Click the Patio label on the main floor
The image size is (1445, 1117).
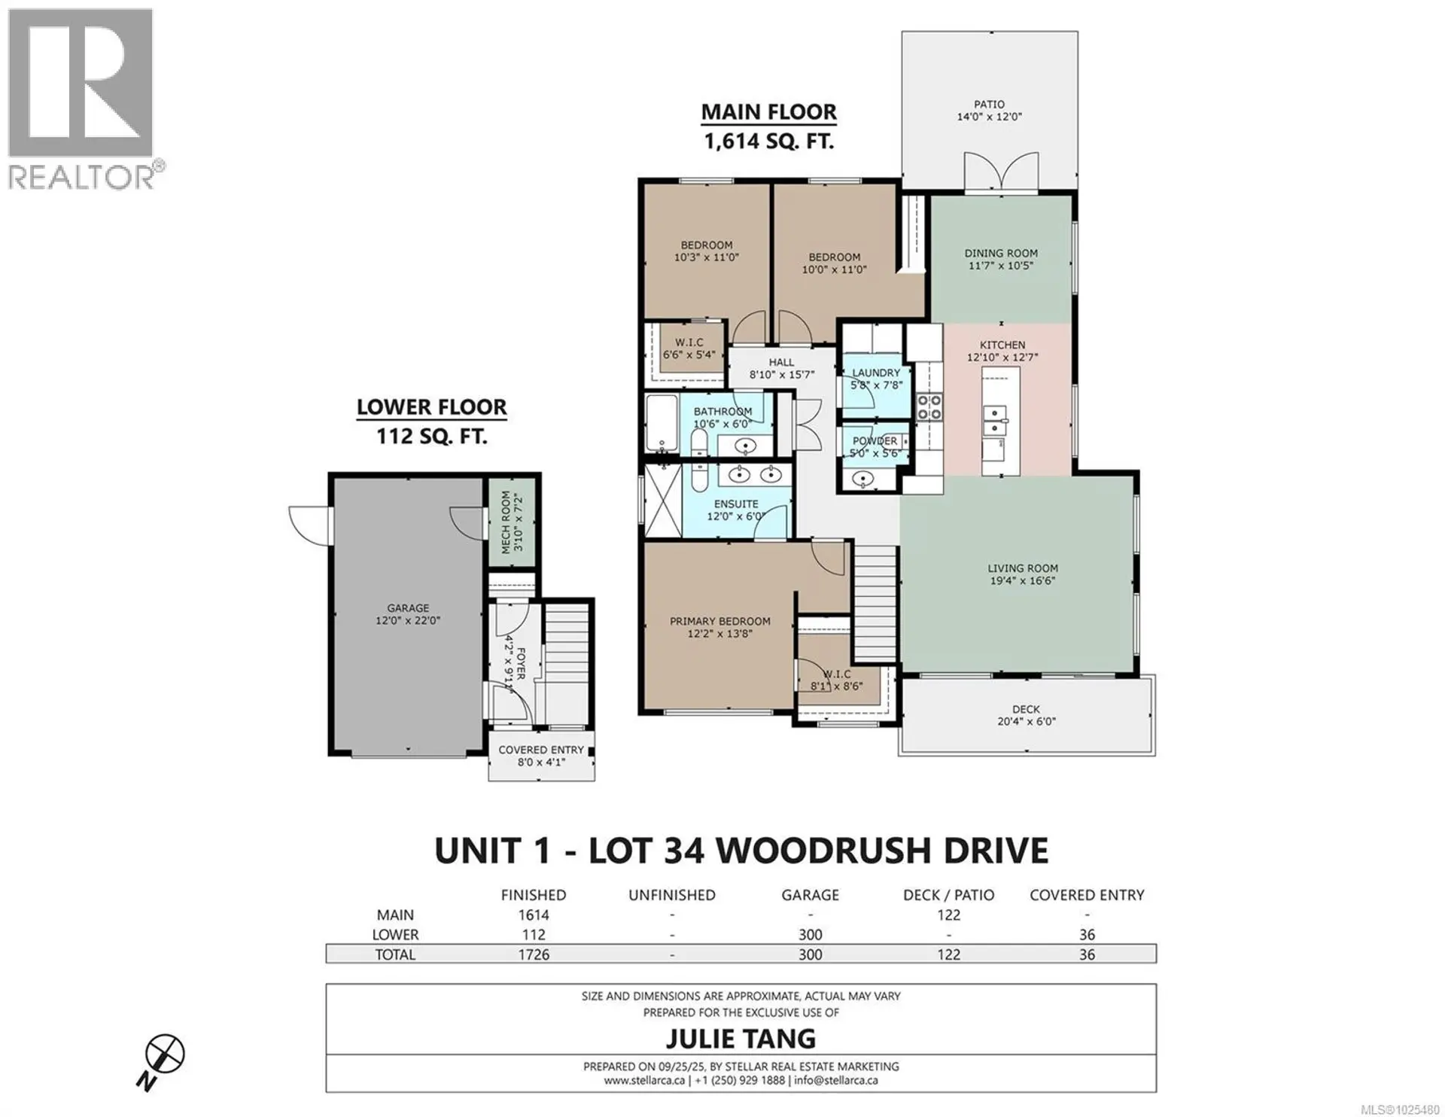click(989, 105)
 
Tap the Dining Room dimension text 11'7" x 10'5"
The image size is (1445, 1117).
click(1000, 266)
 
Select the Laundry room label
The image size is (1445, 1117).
click(876, 373)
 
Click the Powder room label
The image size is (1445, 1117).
click(875, 441)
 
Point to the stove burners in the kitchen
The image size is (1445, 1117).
click(929, 407)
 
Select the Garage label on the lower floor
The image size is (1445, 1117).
click(408, 608)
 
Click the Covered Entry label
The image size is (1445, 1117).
click(541, 750)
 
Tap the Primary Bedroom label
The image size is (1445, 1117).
click(720, 621)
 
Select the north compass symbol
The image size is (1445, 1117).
click(164, 1054)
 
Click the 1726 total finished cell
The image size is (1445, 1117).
click(533, 954)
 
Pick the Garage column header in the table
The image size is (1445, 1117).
click(810, 895)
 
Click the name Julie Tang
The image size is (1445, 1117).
click(741, 1039)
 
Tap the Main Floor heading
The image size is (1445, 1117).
click(768, 112)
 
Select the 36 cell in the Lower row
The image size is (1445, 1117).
click(1086, 935)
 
